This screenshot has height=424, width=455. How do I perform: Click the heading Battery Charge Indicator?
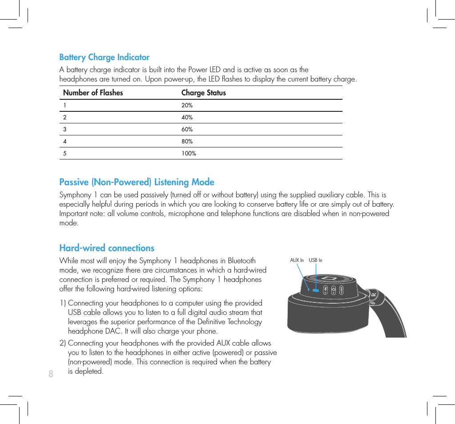click(105, 57)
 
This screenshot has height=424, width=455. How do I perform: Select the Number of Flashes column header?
click(93, 93)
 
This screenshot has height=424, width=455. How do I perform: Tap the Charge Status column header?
click(203, 93)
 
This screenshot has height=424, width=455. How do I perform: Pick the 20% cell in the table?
click(187, 106)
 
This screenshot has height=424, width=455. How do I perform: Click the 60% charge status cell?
click(187, 130)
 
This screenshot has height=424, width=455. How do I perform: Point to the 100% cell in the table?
click(189, 154)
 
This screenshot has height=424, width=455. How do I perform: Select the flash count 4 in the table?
click(65, 142)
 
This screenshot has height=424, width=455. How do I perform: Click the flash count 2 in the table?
click(65, 118)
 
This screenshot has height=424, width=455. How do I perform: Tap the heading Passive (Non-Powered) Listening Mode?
click(137, 182)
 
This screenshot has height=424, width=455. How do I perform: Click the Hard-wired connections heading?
click(107, 248)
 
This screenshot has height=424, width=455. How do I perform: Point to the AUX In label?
click(297, 261)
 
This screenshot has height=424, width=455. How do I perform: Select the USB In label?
click(315, 261)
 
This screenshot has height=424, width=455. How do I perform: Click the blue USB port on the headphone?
click(316, 290)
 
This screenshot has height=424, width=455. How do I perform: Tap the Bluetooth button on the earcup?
click(325, 290)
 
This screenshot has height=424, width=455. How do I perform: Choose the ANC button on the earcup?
click(342, 290)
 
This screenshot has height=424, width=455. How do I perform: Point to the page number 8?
click(51, 374)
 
